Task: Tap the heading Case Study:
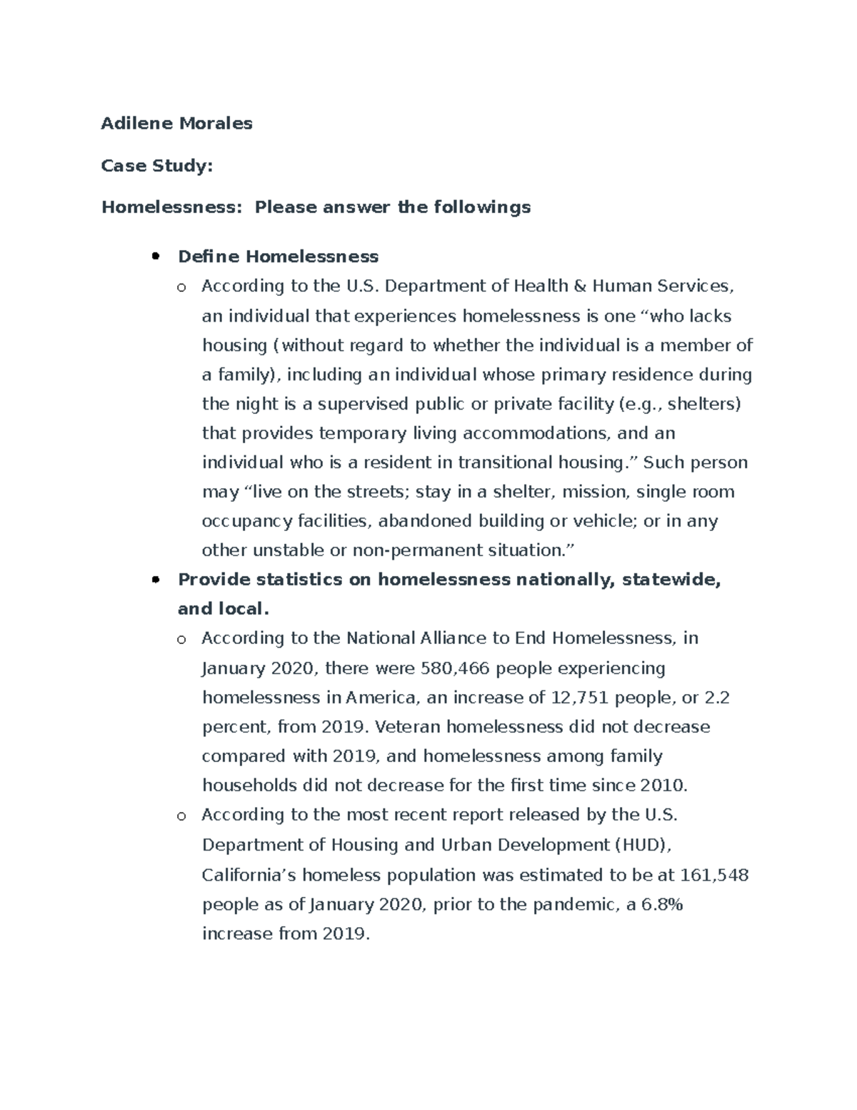coord(157,166)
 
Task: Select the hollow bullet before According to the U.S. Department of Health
coord(181,287)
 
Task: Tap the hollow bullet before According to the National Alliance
coord(181,639)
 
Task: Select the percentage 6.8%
coord(662,904)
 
